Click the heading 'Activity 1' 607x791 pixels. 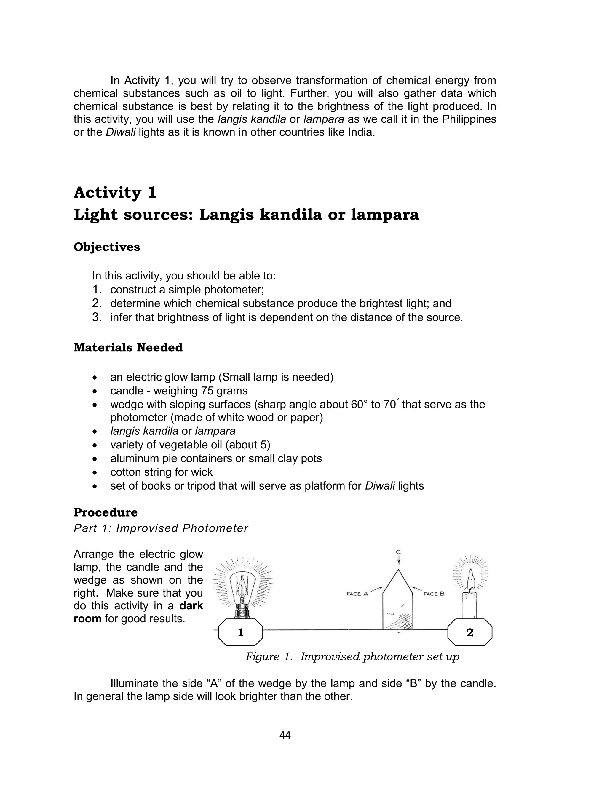click(115, 193)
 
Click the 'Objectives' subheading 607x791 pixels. click(107, 247)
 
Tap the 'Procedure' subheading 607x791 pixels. click(106, 512)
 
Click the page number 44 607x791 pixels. click(285, 735)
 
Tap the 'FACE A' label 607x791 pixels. click(357, 594)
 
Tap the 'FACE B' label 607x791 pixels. click(434, 594)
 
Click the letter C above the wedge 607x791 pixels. click(398, 552)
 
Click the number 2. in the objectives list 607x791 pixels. click(97, 303)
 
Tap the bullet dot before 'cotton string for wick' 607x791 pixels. click(95, 472)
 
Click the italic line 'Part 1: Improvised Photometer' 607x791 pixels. click(161, 528)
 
